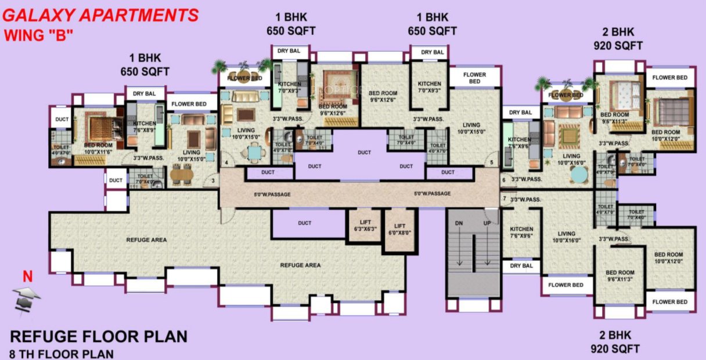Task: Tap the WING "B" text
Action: point(38,35)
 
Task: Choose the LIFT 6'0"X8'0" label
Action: point(399,229)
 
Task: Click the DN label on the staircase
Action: point(459,223)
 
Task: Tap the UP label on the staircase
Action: point(488,223)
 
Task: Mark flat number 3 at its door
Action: point(213,181)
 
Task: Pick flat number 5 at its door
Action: point(491,163)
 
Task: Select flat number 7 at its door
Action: point(504,199)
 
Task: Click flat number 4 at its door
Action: point(226,163)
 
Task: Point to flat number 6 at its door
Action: point(504,180)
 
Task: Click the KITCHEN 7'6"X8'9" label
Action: point(144,127)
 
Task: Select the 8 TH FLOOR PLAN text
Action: point(62,353)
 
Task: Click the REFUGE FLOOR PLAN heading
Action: point(99,336)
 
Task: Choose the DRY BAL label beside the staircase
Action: point(521,266)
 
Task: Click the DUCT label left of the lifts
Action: point(304,223)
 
